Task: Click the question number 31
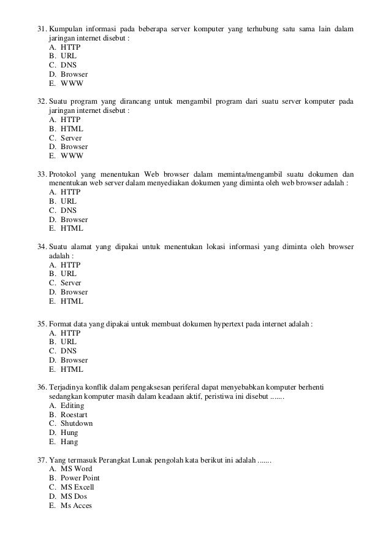(x=42, y=29)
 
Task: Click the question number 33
(x=42, y=174)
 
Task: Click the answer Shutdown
(x=76, y=423)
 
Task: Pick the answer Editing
(x=72, y=406)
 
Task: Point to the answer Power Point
(x=80, y=478)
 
